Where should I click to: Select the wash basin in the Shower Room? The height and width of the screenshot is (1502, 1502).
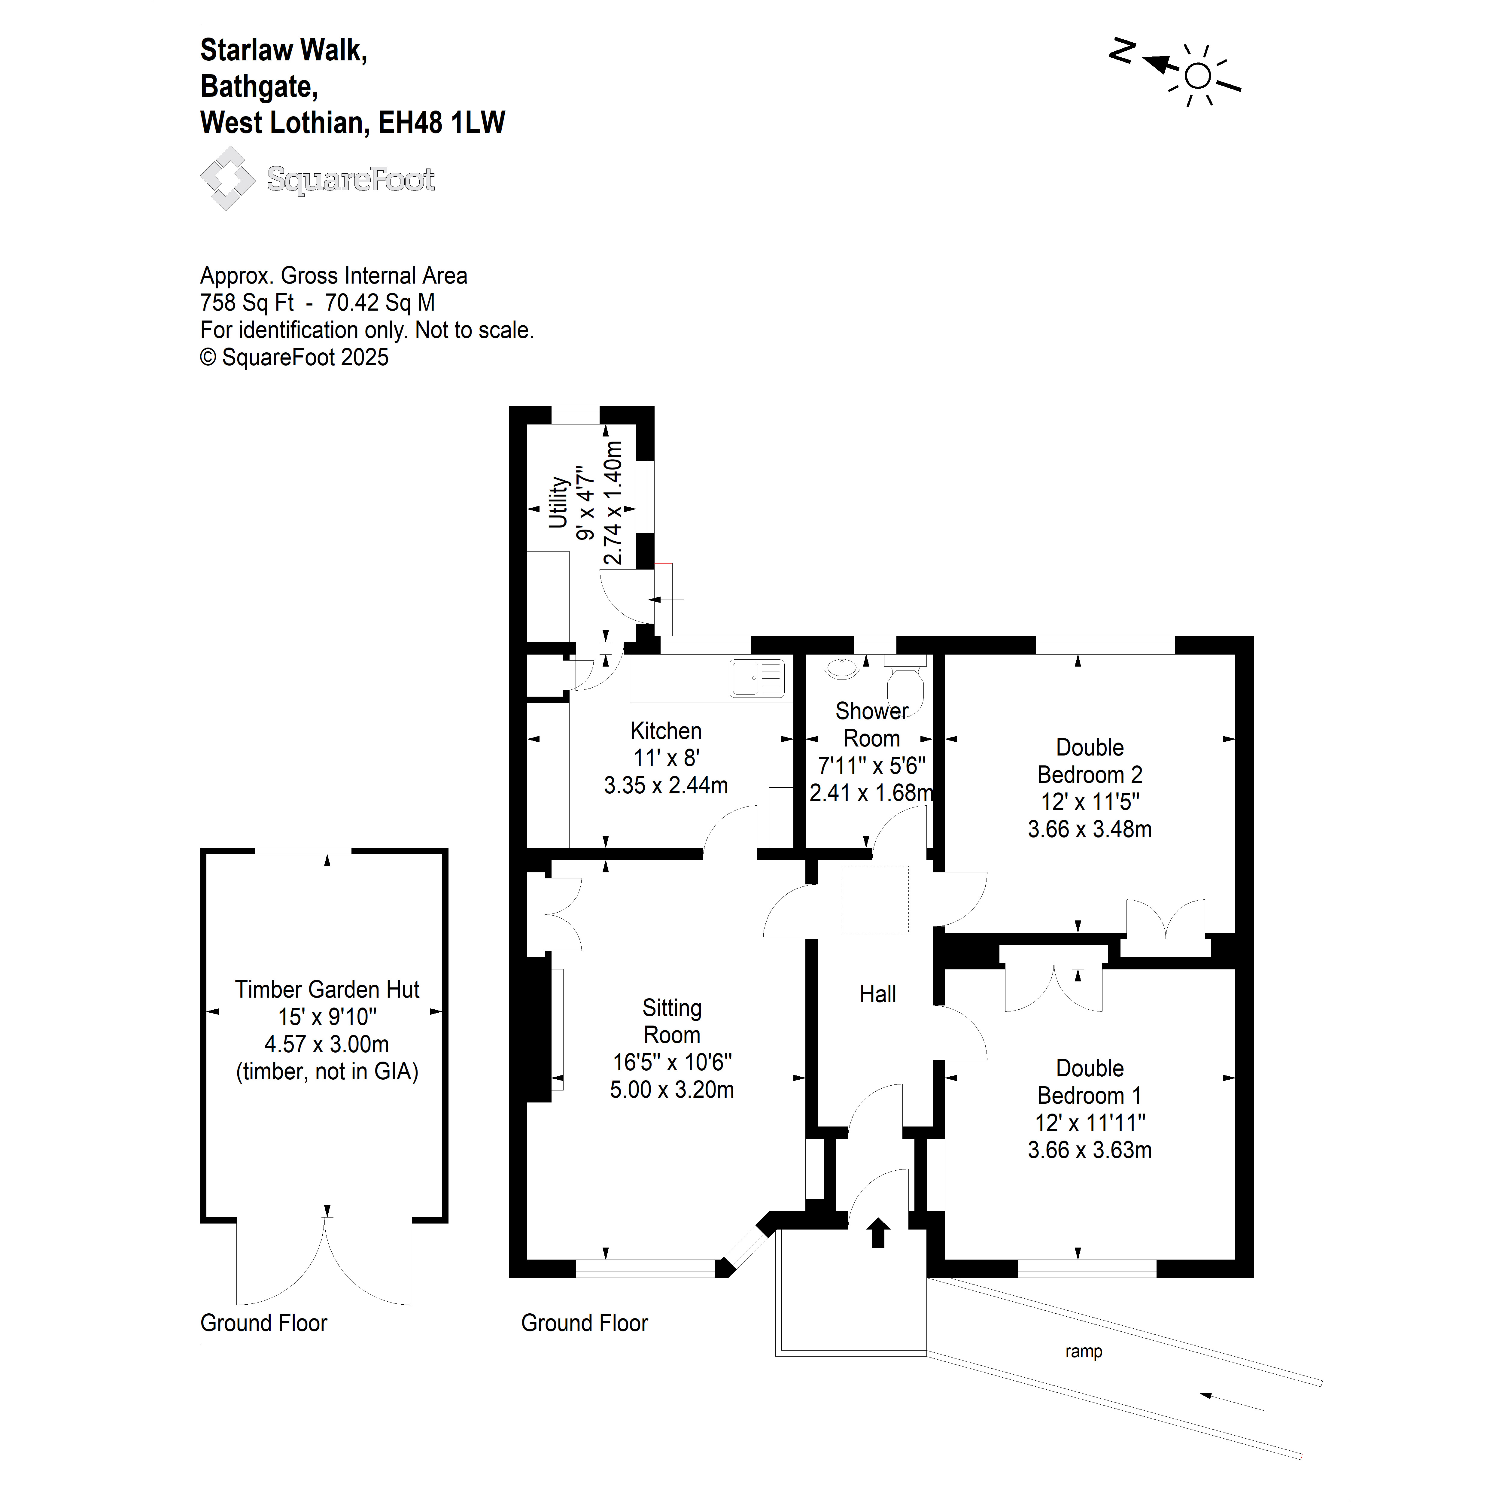point(842,666)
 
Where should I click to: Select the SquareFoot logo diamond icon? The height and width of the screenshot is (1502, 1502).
point(227,178)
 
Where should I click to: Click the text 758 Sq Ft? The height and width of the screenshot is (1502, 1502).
point(247,303)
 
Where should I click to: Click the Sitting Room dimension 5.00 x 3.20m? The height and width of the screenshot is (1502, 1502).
point(672,1089)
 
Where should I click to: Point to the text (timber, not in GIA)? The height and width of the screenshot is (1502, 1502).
point(327,1071)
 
